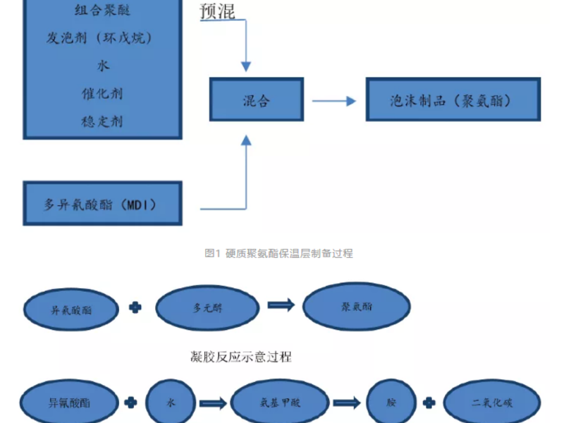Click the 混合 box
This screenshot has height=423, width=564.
coord(256,99)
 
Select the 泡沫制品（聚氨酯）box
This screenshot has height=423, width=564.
coord(453,99)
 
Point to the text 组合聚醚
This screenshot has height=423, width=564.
coord(102,10)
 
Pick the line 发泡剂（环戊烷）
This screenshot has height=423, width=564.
coord(102,38)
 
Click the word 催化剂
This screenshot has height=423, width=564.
coord(102,93)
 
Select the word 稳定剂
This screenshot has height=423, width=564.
coord(102,121)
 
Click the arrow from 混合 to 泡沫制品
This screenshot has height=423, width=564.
coord(334,101)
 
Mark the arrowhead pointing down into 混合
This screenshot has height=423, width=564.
coord(246,66)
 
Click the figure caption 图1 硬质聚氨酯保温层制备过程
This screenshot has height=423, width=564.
coord(278,253)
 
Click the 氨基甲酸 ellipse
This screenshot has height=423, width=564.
coord(280,403)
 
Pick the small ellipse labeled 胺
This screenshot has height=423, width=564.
coord(389,403)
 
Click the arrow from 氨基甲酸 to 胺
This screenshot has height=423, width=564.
coord(347,403)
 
